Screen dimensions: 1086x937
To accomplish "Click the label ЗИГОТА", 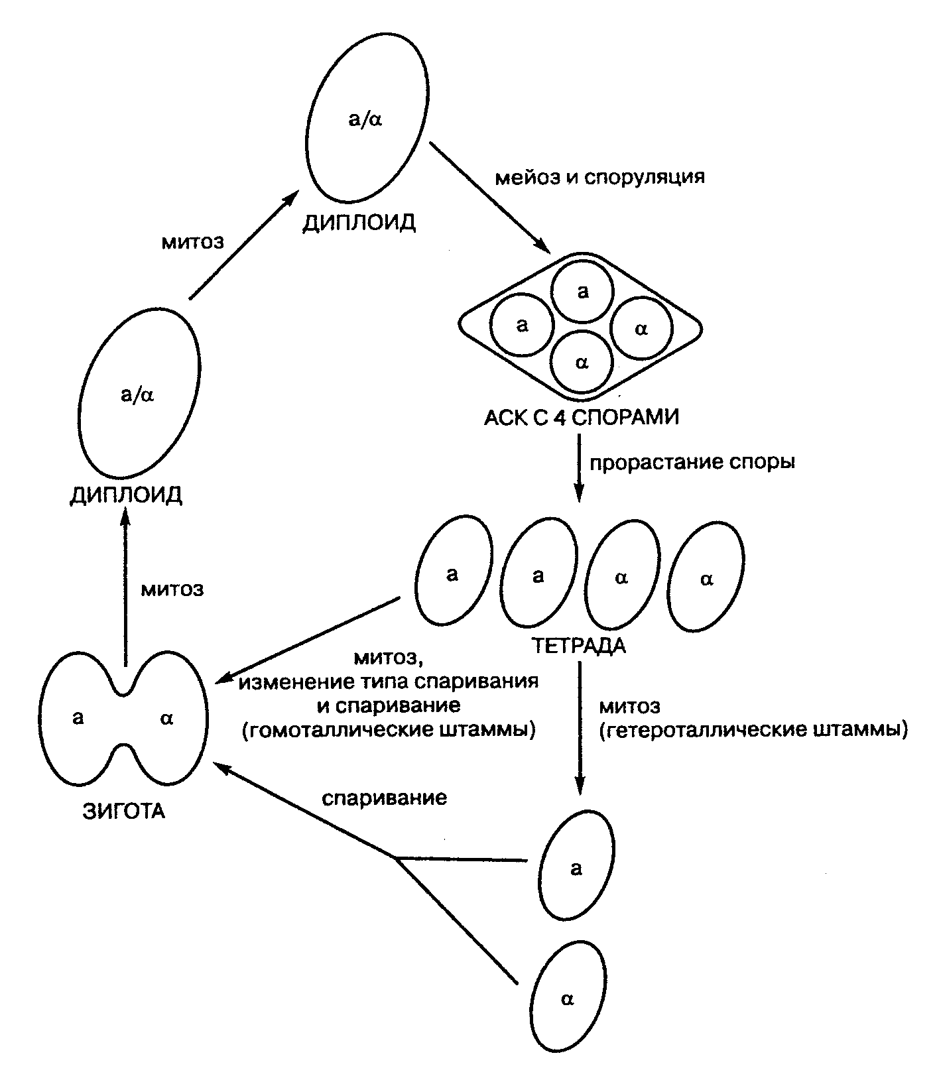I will pyautogui.click(x=124, y=812).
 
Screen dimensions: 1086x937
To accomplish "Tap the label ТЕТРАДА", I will pyautogui.click(x=578, y=645).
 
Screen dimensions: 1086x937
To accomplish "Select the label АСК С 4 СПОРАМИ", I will pyautogui.click(x=582, y=418).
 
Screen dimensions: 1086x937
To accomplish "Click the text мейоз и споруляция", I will pyautogui.click(x=600, y=177).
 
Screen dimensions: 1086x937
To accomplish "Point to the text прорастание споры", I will pyautogui.click(x=692, y=462).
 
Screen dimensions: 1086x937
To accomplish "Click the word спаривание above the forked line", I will pyautogui.click(x=385, y=797).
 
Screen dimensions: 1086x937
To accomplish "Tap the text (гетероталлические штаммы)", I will pyautogui.click(x=753, y=730).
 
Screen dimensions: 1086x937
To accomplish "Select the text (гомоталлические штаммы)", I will pyautogui.click(x=389, y=730).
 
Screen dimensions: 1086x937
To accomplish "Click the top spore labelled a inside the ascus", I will pyautogui.click(x=583, y=292).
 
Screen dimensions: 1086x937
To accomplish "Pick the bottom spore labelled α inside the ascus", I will pyautogui.click(x=582, y=362).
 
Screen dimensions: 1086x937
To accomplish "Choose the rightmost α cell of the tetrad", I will pyautogui.click(x=706, y=578).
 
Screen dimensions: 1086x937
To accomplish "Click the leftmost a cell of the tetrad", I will pyautogui.click(x=453, y=572).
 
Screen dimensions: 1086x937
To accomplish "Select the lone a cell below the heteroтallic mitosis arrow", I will pyautogui.click(x=576, y=867).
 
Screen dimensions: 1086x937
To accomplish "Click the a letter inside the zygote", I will pyautogui.click(x=78, y=717).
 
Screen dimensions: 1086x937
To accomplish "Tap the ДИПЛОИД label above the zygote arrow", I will pyautogui.click(x=126, y=496).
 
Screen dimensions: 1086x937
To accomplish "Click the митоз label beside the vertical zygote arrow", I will pyautogui.click(x=172, y=589).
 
